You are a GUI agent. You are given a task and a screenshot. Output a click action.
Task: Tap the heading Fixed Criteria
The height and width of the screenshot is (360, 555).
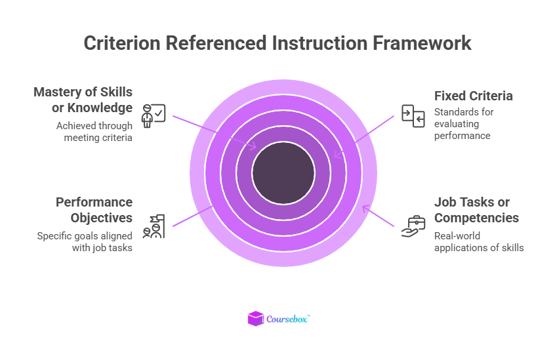point(474,96)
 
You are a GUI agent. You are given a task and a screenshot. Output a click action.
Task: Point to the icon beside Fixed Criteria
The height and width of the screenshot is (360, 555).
point(413,115)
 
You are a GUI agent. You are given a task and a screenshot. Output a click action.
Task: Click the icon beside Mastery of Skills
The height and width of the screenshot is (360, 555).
point(154,115)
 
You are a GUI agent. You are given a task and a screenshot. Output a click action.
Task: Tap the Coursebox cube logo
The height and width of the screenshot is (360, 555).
point(255,319)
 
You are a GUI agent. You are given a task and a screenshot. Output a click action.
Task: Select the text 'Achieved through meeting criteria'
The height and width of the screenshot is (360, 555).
point(94,131)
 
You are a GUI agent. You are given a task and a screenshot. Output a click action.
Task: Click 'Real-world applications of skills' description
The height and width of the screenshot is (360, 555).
point(479,242)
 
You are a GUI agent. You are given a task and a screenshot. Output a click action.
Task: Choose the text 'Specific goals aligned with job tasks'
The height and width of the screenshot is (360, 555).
point(85,242)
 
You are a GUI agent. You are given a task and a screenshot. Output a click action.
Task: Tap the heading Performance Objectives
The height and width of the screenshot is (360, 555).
point(94,210)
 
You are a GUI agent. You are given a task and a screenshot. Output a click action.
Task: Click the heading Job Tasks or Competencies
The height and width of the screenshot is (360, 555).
point(476,210)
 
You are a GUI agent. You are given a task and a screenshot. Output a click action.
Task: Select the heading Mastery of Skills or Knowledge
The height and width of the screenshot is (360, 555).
point(83,100)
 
